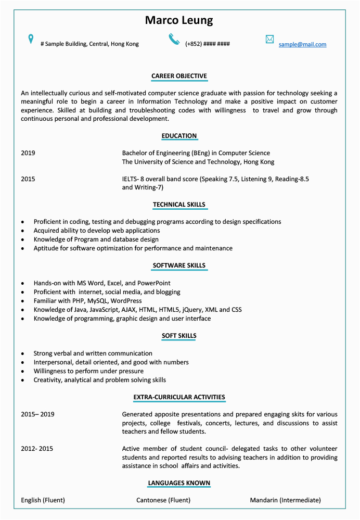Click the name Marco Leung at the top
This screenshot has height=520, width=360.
(179, 21)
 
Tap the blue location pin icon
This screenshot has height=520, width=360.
(31, 39)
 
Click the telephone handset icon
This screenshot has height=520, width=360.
(174, 39)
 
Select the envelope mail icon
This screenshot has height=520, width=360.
(269, 40)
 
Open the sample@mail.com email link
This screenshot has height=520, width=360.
(302, 44)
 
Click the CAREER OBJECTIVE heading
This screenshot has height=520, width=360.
(179, 76)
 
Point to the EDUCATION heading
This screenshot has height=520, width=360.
(179, 136)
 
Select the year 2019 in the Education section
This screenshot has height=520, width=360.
(28, 153)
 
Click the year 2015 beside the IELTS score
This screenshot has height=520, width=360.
(28, 179)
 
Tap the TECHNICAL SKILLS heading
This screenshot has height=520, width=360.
(179, 205)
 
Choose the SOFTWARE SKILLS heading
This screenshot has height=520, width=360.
(179, 265)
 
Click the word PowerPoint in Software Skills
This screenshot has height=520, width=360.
(154, 283)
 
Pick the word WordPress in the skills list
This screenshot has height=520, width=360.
(125, 301)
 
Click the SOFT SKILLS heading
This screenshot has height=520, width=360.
(179, 336)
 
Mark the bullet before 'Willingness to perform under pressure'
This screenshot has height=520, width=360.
(23, 372)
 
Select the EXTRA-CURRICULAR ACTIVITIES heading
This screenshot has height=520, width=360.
(179, 397)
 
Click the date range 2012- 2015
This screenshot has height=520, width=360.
(37, 449)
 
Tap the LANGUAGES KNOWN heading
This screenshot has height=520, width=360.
(179, 483)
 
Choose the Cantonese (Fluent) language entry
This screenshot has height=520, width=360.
(163, 500)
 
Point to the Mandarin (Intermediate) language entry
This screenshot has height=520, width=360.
(285, 500)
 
